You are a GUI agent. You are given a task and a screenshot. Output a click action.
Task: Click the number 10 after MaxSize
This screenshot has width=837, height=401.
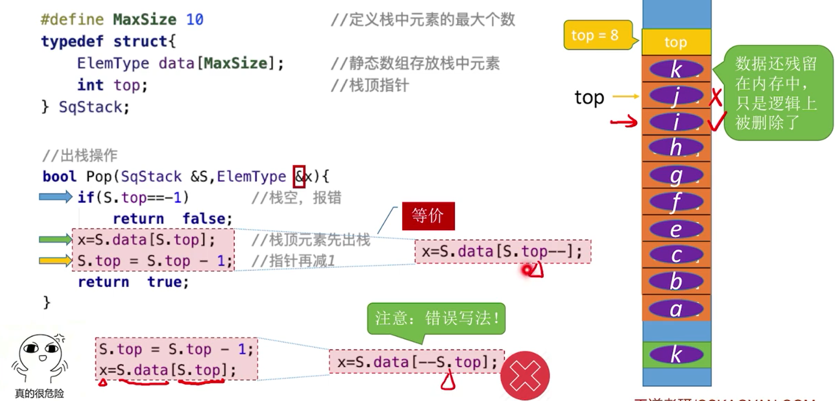pos(195,20)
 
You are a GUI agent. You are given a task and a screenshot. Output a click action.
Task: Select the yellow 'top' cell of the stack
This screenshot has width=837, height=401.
pos(676,42)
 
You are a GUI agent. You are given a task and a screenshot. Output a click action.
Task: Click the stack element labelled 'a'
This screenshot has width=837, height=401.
pos(676,309)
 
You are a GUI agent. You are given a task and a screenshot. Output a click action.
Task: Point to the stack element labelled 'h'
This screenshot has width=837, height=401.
pos(676,148)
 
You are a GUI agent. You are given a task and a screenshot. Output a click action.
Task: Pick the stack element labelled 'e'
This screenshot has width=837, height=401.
pos(676,229)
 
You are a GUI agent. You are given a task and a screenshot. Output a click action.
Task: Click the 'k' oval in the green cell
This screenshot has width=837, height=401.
pos(676,355)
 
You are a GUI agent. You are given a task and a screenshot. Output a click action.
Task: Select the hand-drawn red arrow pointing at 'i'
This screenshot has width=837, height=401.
pos(624,121)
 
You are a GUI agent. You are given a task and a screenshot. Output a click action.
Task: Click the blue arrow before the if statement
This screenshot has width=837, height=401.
pos(55,197)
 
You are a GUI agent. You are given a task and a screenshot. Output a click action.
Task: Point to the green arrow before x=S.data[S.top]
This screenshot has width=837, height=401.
pos(55,240)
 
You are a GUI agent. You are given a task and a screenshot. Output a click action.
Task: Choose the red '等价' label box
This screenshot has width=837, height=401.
pos(428,216)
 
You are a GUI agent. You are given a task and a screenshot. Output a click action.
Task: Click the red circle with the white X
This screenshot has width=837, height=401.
pos(525,376)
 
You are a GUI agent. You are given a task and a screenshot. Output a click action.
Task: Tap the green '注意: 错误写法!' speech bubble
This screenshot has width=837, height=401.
pos(436,318)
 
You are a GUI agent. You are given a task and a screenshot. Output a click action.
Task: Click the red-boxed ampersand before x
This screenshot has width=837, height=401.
pos(299,177)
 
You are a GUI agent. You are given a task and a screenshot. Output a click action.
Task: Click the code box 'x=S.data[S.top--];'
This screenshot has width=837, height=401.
pos(502,251)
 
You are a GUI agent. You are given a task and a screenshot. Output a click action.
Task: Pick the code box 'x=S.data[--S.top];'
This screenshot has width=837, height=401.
pos(416,362)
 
